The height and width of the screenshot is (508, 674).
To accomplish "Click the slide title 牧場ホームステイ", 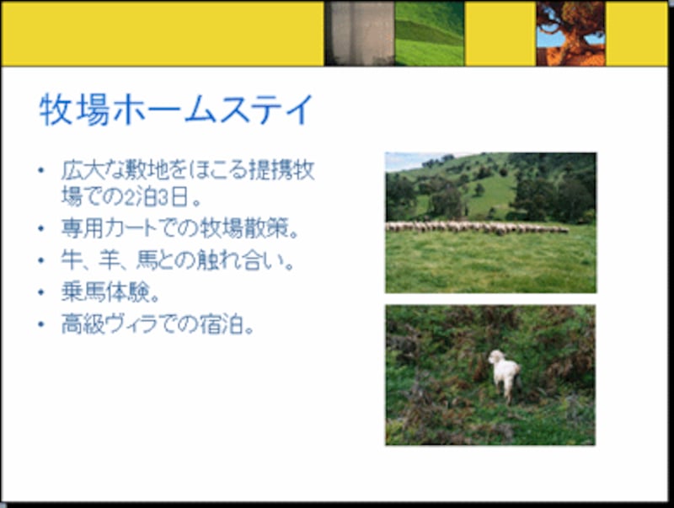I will coord(176,110).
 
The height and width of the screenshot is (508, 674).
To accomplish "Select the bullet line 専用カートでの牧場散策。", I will coord(180,229).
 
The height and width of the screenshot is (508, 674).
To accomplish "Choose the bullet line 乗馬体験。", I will coord(110,292).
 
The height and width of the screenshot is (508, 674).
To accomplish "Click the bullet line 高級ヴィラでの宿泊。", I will coord(158,324).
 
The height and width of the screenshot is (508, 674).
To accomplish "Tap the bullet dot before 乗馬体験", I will coord(40,292).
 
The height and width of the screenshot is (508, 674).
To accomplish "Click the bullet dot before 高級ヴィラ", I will coord(40,324).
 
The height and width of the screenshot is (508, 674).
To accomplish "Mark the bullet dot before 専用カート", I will coord(40,229).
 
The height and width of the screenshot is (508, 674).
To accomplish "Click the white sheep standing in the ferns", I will coord(505,374).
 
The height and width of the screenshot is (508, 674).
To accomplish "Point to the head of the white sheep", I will coord(496,358).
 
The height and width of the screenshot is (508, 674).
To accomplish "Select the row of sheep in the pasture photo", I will coord(477,227).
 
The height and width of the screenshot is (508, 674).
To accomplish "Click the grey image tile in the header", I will coord(360,34).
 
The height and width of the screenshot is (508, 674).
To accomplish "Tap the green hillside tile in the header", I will coord(430,34).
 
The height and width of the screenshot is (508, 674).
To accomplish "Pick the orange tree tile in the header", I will coord(570,34).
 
